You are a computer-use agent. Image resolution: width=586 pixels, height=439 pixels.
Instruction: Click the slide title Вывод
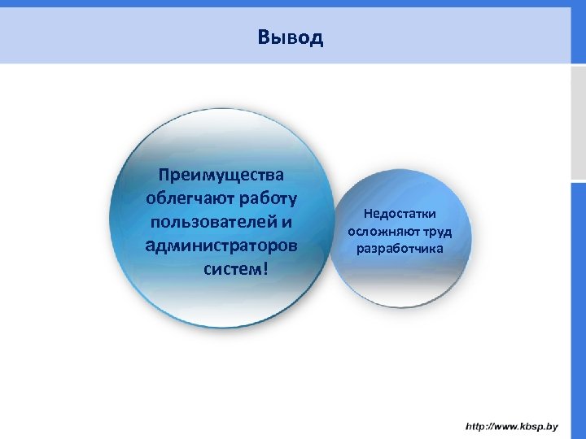[290, 37]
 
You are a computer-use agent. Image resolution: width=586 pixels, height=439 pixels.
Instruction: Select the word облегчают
[184, 198]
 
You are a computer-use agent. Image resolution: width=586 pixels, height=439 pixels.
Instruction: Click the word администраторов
[221, 245]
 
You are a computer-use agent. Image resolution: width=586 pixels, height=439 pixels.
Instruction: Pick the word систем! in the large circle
[234, 268]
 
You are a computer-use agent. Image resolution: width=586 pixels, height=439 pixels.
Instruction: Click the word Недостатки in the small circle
[400, 214]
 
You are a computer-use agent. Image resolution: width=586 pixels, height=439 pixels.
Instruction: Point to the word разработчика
[400, 248]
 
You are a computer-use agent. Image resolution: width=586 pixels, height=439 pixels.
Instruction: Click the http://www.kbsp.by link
[511, 426]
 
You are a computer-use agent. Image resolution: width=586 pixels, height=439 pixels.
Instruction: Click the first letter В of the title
[262, 37]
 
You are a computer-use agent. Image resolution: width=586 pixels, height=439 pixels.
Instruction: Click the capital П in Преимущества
[165, 175]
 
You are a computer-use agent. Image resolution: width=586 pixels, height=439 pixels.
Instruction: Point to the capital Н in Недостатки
[368, 214]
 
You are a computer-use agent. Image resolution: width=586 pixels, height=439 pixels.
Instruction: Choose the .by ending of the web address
[550, 426]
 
